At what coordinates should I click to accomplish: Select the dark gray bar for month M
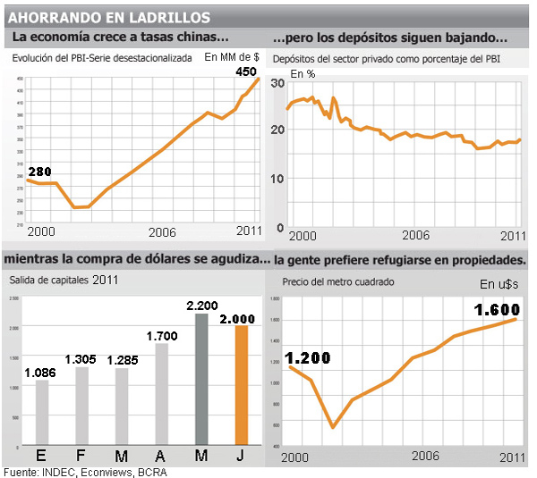click(201, 389)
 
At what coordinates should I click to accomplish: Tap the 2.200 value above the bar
click(201, 306)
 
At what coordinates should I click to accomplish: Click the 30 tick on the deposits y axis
click(277, 82)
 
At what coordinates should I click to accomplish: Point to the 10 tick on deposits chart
click(277, 179)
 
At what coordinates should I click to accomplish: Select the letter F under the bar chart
click(81, 457)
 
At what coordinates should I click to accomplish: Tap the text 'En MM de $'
click(232, 57)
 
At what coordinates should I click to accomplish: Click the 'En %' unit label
click(303, 73)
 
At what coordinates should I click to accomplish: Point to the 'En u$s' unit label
click(499, 284)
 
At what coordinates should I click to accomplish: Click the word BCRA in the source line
click(150, 472)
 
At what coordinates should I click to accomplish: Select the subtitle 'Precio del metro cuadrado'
click(338, 281)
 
